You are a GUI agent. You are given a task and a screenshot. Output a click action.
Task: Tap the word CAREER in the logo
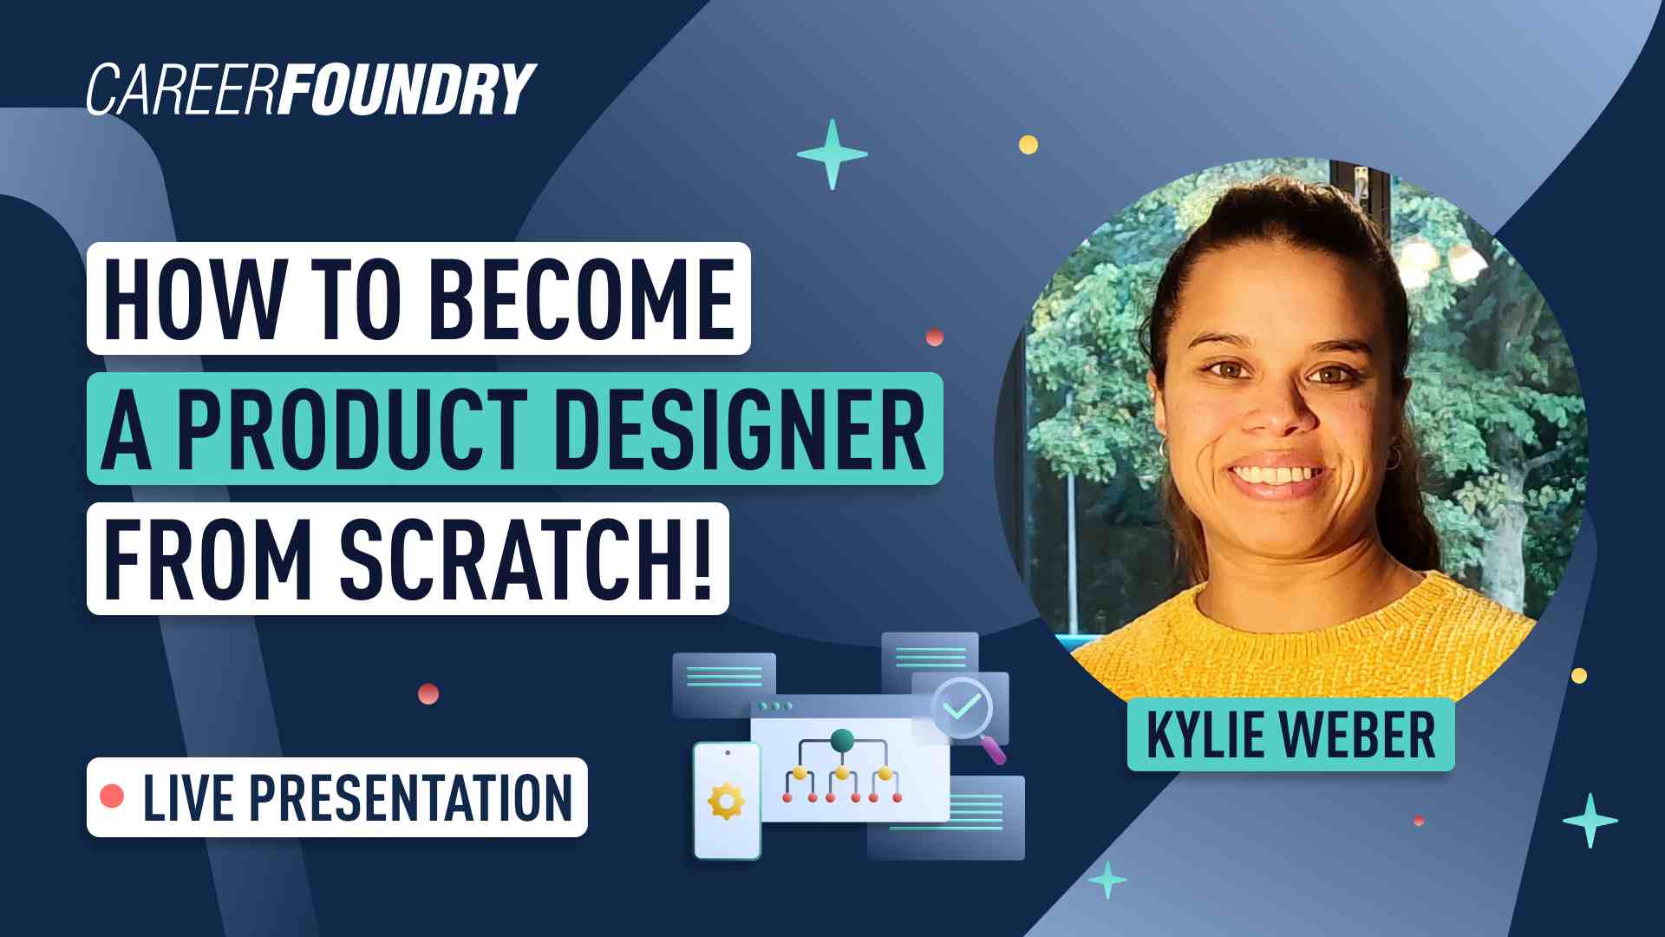pyautogui.click(x=183, y=89)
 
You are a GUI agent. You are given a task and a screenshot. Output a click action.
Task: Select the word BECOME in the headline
pyautogui.click(x=582, y=299)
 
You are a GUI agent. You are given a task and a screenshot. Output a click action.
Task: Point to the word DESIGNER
pyautogui.click(x=740, y=429)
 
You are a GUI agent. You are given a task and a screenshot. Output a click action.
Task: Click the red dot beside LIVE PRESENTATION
pyautogui.click(x=112, y=796)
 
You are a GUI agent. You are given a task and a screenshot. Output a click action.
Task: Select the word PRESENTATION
pyautogui.click(x=411, y=797)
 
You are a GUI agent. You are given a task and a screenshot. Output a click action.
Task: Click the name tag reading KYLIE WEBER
pyautogui.click(x=1290, y=735)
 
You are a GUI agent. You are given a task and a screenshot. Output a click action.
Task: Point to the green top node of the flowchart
pyautogui.click(x=842, y=741)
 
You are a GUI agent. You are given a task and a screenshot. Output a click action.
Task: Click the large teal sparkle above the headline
pyautogui.click(x=832, y=154)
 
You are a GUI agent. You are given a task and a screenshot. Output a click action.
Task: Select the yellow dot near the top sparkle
pyautogui.click(x=1028, y=144)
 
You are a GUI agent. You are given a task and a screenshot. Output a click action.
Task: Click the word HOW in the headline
pyautogui.click(x=193, y=299)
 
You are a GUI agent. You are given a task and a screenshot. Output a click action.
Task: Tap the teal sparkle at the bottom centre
pyautogui.click(x=1107, y=880)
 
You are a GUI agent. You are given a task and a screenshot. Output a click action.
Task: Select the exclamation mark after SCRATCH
pyautogui.click(x=702, y=559)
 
